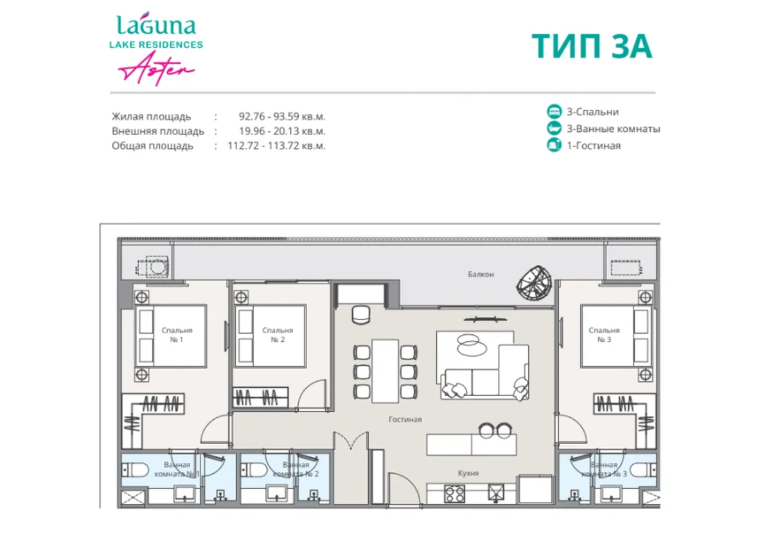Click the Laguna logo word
(x=156, y=26)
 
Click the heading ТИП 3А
(x=592, y=46)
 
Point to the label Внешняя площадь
(x=158, y=131)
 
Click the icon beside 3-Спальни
(x=553, y=112)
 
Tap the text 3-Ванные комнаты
(x=613, y=129)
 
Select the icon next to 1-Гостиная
(x=553, y=145)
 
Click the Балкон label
(x=481, y=274)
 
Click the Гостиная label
(x=405, y=420)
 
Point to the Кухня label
(x=468, y=473)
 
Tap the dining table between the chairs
(x=385, y=370)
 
